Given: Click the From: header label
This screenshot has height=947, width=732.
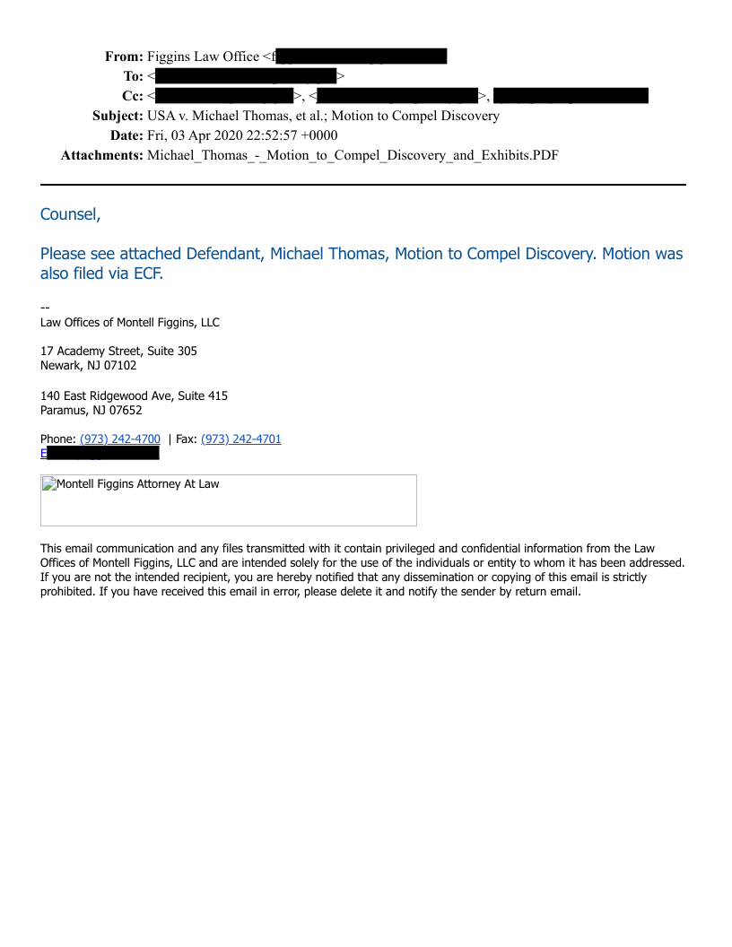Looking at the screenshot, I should tap(124, 56).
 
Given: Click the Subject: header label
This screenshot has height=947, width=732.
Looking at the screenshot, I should tap(118, 116).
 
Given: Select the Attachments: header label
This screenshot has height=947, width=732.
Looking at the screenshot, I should tap(101, 155).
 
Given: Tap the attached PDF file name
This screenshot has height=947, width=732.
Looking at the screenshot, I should tap(353, 155).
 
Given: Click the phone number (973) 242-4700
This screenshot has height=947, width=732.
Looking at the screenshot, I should tap(120, 439).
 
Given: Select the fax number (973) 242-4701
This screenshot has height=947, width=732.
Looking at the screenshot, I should tap(241, 439).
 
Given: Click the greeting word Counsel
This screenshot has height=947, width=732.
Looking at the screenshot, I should tap(70, 214).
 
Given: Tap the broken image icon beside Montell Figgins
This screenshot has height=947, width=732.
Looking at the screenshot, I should tap(48, 484).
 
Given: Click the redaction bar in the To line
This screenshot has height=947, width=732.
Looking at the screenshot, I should tap(245, 76).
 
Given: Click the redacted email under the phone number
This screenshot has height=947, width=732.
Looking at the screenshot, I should tap(102, 453).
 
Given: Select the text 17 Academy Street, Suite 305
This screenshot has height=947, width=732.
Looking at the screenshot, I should tap(118, 351).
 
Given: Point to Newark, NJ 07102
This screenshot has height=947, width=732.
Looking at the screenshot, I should tap(88, 365).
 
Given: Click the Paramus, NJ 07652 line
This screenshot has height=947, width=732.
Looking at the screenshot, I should tap(91, 410).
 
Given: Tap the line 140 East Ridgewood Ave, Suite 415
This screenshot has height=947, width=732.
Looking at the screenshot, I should tap(134, 395).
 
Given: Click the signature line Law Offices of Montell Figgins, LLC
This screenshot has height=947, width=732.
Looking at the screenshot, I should tap(130, 322).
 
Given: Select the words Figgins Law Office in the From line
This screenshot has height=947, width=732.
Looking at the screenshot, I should tap(203, 56).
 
